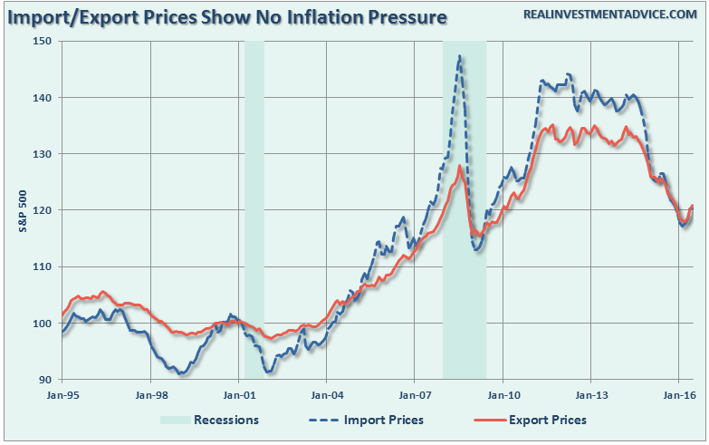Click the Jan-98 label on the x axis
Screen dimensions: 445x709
tap(150, 395)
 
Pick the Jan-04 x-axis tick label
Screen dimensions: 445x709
tap(327, 395)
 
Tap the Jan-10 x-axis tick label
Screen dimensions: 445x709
tap(503, 395)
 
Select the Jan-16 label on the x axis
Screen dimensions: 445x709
tap(679, 395)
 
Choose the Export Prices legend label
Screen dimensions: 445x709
tap(548, 421)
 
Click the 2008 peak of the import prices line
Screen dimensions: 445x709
tap(460, 56)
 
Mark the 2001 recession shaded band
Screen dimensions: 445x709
tap(254, 208)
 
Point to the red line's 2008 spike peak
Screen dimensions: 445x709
tap(460, 166)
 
